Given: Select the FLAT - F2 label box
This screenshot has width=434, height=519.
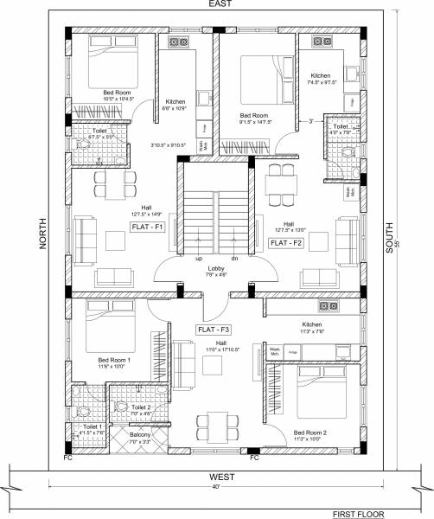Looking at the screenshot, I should (286, 244).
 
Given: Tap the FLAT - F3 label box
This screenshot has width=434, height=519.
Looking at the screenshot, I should (214, 330).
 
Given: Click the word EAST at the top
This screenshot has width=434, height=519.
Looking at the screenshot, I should (218, 5).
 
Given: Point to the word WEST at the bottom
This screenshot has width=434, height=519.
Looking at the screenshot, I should (218, 477).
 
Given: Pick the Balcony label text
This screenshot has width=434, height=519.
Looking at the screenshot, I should (140, 434).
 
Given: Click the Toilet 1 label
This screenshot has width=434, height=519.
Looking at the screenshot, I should (92, 427).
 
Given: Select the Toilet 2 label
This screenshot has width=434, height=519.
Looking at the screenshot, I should (140, 407).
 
